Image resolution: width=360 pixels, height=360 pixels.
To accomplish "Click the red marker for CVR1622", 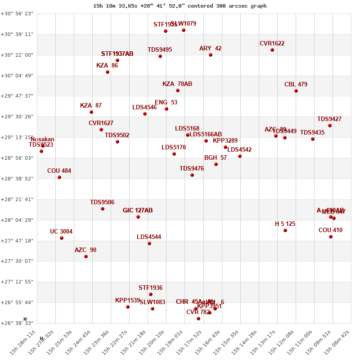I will click(x=272, y=50).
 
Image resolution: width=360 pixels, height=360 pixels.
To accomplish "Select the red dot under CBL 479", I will click(x=296, y=91).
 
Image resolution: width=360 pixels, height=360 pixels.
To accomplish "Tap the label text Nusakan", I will click(x=42, y=139).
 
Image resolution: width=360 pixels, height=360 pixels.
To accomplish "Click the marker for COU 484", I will click(x=59, y=177).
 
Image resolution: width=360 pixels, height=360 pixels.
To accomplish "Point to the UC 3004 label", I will click(x=61, y=232).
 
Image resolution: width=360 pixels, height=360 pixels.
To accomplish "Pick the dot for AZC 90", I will click(x=86, y=256).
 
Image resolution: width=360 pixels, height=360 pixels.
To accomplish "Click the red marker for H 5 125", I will click(x=285, y=230).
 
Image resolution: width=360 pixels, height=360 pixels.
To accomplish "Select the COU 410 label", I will click(x=330, y=230).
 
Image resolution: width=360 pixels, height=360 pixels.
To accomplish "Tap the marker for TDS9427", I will click(x=330, y=126).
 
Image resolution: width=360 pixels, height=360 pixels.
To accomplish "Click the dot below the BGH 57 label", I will click(x=216, y=164).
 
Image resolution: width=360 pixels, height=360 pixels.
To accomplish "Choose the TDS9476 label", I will click(x=192, y=169).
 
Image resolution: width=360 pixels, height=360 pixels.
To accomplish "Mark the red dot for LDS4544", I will click(x=149, y=243).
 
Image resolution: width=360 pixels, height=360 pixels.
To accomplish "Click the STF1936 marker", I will click(x=151, y=294).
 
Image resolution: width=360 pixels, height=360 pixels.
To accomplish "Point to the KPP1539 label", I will click(x=127, y=301).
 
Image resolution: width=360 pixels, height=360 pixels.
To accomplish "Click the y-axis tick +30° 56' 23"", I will click(x=17, y=13).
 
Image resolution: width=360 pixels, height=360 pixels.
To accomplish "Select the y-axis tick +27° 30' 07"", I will click(x=17, y=261).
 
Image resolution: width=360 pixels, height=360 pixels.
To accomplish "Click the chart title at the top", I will click(x=180, y=6).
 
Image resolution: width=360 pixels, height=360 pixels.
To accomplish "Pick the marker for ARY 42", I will click(x=211, y=55).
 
